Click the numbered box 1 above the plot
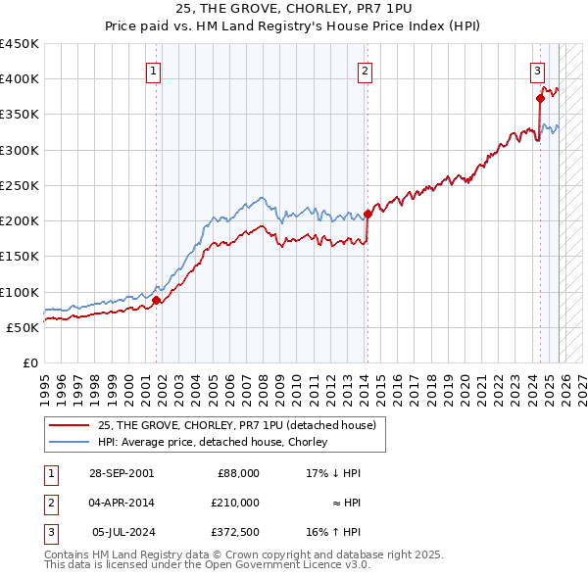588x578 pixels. click(x=156, y=71)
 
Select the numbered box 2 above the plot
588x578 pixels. click(x=365, y=71)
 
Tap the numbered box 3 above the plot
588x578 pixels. click(x=538, y=71)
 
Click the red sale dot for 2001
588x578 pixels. click(x=156, y=301)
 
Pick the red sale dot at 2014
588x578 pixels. click(x=367, y=214)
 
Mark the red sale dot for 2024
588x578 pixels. click(x=540, y=98)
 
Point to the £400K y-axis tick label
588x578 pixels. click(x=20, y=79)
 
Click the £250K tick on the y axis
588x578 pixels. click(x=20, y=185)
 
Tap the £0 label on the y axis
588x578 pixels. click(x=29, y=363)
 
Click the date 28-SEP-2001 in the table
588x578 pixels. click(x=122, y=473)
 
